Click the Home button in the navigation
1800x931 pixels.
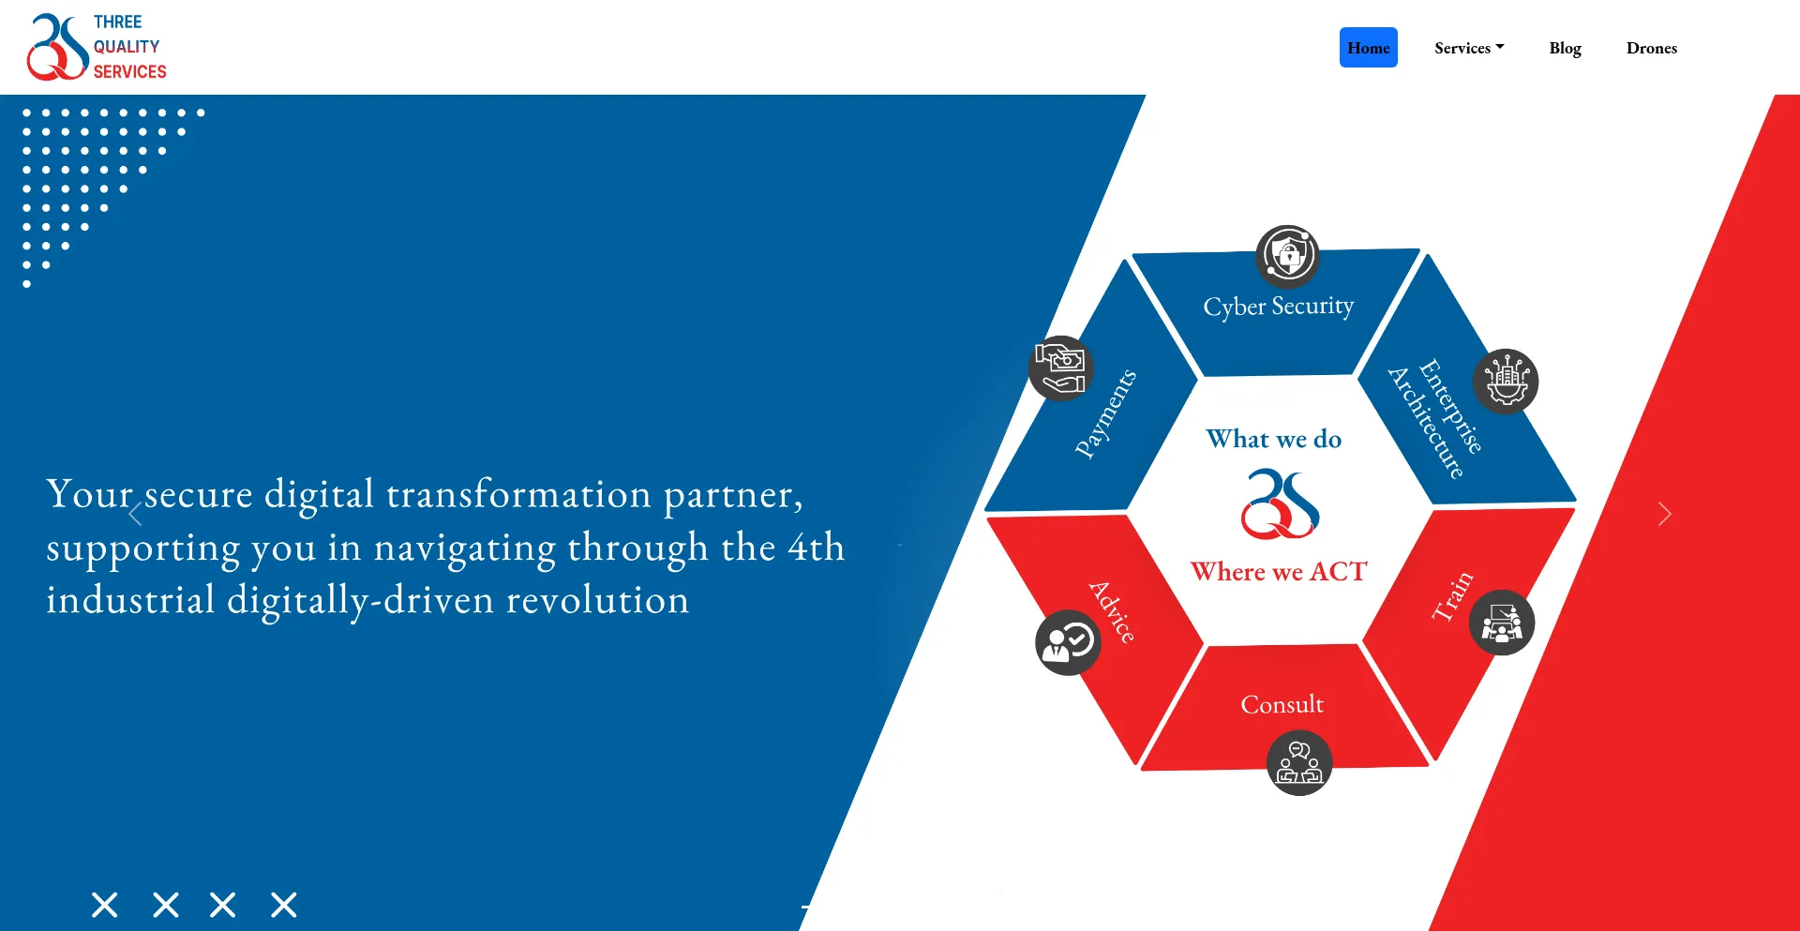[x=1368, y=48]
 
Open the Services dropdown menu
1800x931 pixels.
[x=1469, y=48]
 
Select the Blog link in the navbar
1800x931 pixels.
[x=1565, y=48]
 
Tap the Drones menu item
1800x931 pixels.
[x=1651, y=48]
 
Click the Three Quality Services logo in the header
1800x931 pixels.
[x=97, y=47]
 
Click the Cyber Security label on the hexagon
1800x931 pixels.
[x=1278, y=307]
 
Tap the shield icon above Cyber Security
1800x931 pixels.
[x=1287, y=256]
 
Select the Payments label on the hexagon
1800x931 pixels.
[x=1105, y=413]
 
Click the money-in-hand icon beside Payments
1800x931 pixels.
[x=1060, y=368]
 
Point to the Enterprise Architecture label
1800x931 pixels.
[x=1435, y=418]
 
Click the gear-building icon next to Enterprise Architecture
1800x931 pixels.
[x=1506, y=382]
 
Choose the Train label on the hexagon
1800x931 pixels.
[x=1452, y=596]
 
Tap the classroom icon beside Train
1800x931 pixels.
[x=1502, y=623]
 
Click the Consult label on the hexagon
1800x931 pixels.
[x=1282, y=704]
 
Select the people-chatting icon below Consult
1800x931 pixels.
[x=1299, y=763]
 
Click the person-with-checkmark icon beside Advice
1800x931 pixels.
[x=1068, y=643]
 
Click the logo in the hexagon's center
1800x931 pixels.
[x=1280, y=504]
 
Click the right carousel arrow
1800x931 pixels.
[x=1664, y=514]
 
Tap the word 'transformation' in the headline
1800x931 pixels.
[x=518, y=494]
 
